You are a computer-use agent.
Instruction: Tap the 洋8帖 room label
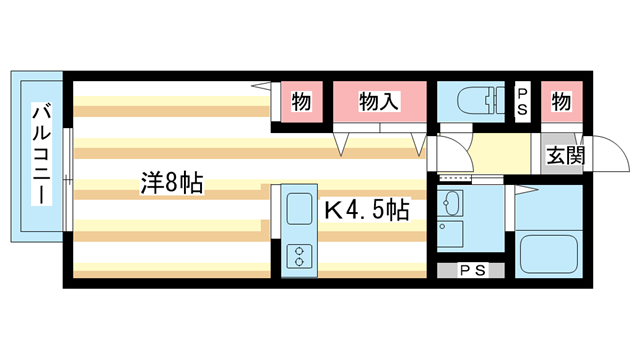tap(172, 182)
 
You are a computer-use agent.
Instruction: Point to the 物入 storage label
tap(380, 101)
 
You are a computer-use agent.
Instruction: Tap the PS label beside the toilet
tap(522, 101)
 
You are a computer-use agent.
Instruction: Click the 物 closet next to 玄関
tap(561, 101)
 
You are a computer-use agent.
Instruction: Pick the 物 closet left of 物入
tap(300, 101)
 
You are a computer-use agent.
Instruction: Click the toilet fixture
tap(475, 100)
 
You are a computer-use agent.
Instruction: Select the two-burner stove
tap(300, 254)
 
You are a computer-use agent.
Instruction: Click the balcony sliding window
tap(67, 180)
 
